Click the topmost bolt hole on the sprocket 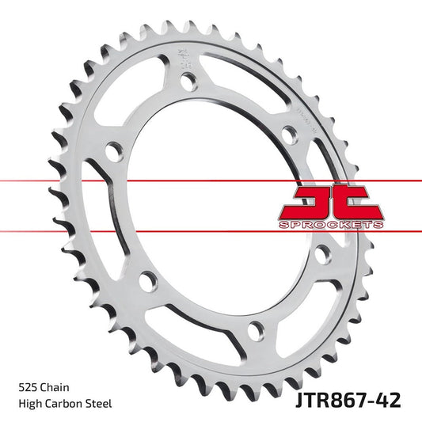point(188,79)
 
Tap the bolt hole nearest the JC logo point(321,254)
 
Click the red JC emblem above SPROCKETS point(331,203)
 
